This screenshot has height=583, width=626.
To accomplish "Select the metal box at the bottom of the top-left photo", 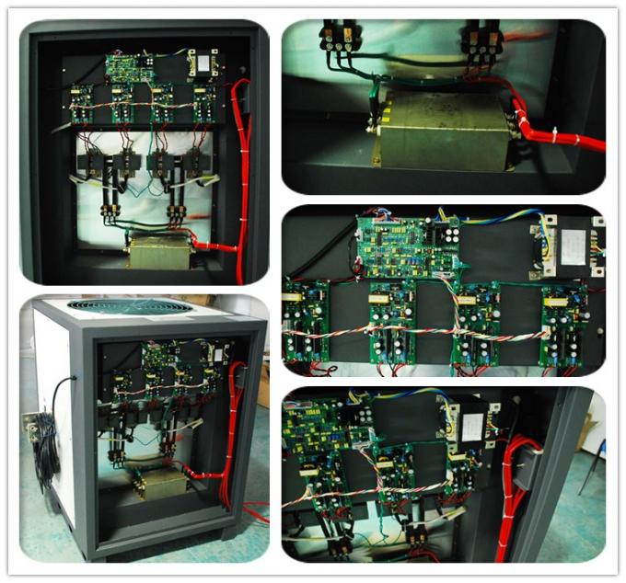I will tap(159, 249).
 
